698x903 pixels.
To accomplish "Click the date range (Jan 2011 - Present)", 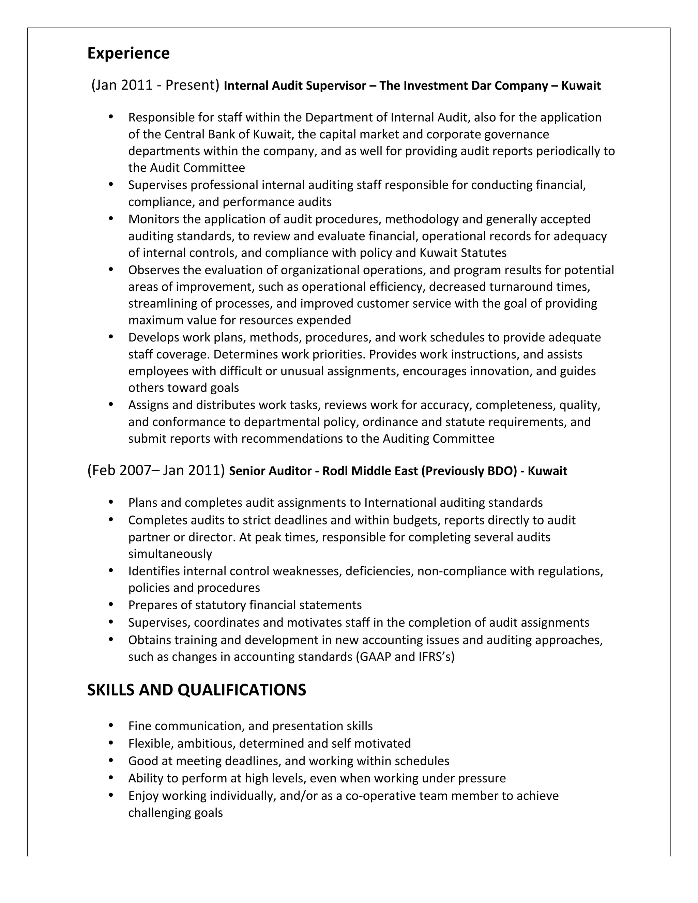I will coord(155,85).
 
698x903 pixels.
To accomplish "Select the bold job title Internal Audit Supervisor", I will coord(295,86).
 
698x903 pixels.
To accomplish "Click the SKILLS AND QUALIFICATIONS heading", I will coord(196,690).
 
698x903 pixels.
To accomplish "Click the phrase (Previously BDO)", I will coord(469,471).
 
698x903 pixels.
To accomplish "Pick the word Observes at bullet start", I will coord(154,270).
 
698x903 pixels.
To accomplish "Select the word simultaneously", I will coord(170,554).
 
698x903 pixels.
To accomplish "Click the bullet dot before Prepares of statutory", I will coord(110,604).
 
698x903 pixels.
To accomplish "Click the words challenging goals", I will coord(175,812).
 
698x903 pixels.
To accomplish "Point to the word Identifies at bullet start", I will coord(154,571).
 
